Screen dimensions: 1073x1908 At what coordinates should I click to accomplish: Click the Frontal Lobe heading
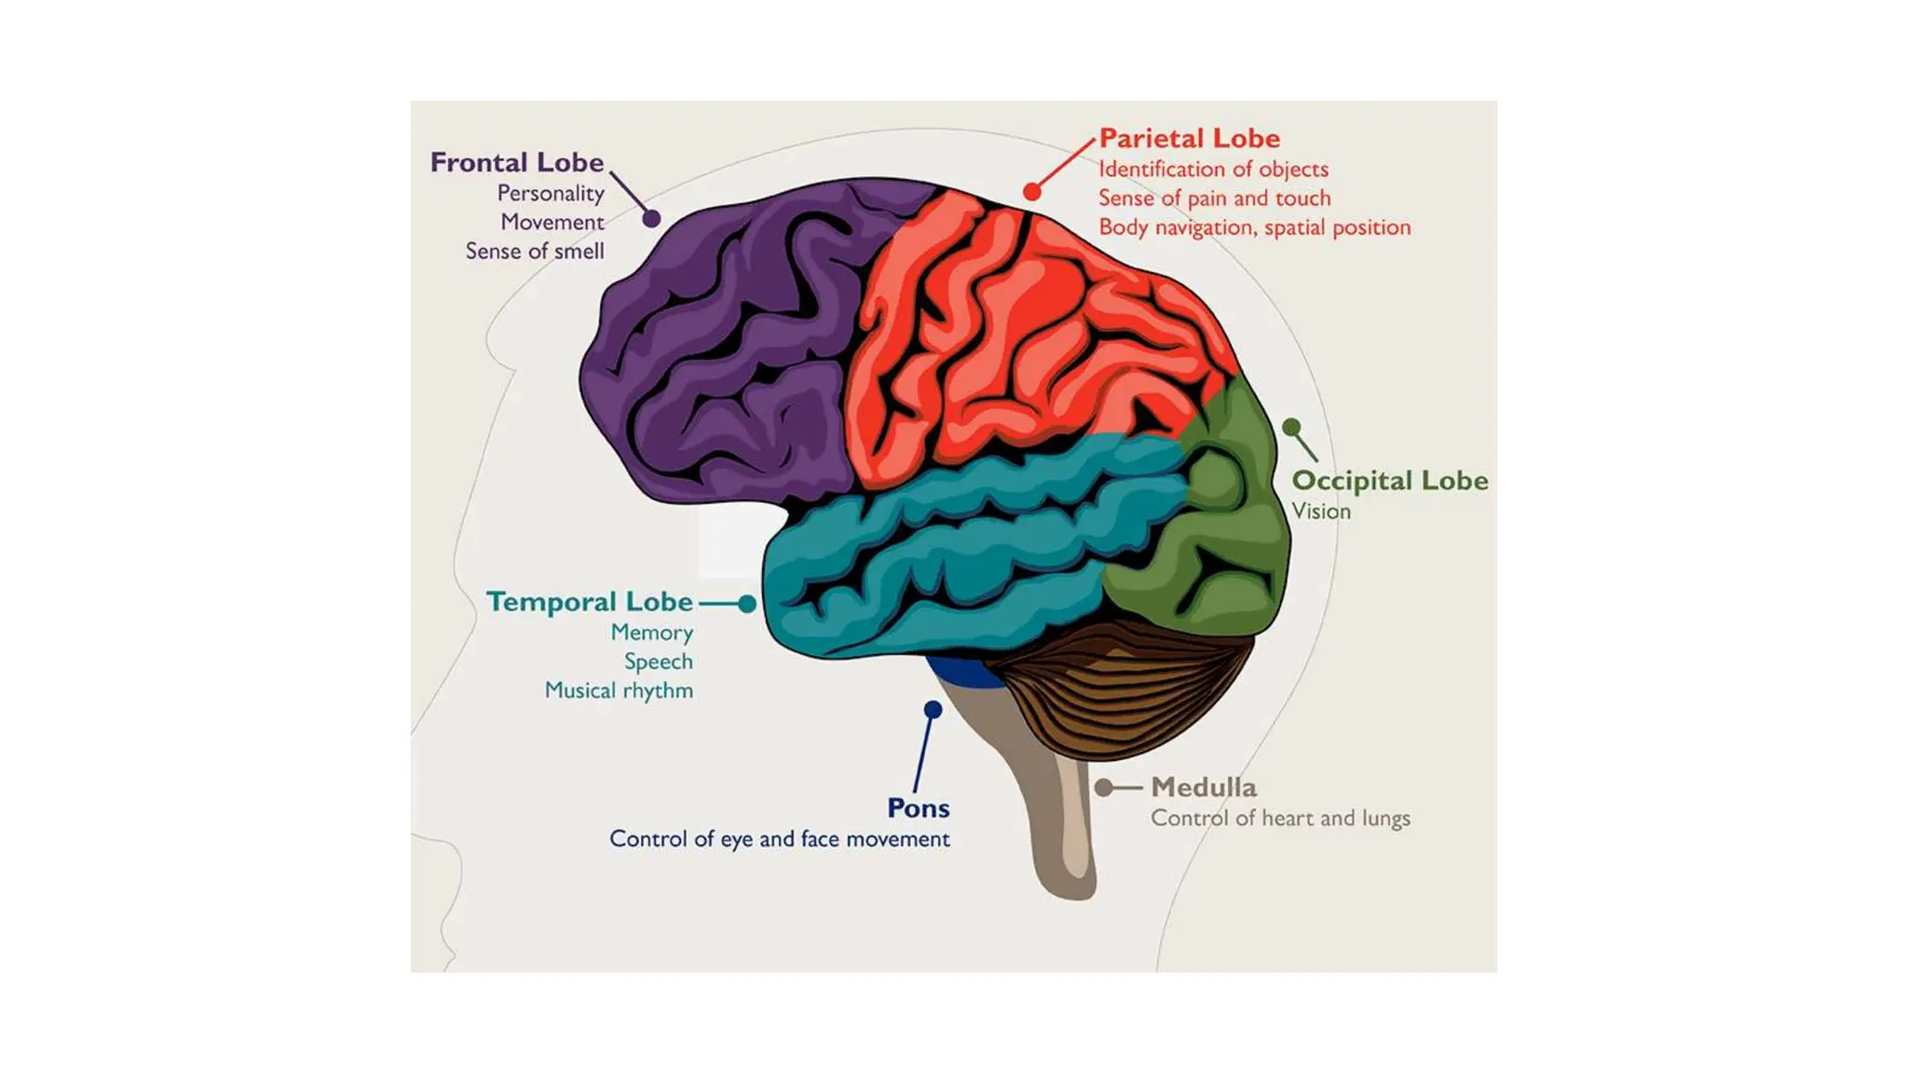tap(517, 163)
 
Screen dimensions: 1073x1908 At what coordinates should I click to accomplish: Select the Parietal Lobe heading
tap(1190, 139)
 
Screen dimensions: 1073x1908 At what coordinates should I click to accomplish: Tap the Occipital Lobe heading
tap(1389, 481)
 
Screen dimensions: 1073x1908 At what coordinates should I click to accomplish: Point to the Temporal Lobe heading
tap(590, 602)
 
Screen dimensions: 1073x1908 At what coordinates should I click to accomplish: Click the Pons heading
tap(919, 808)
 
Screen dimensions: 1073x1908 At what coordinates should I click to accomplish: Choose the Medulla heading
tap(1204, 787)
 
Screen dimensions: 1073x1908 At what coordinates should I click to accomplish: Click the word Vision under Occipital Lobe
tap(1320, 511)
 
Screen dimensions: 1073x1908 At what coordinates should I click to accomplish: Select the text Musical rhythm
tap(619, 690)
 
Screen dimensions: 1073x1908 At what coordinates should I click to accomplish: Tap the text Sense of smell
tap(535, 251)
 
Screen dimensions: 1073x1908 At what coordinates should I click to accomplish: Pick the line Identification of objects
tap(1213, 170)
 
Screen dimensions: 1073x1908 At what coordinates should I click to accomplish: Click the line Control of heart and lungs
tap(1280, 818)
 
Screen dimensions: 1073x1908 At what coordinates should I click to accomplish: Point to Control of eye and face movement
tap(780, 839)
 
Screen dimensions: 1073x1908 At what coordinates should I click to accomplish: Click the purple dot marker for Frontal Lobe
tap(652, 218)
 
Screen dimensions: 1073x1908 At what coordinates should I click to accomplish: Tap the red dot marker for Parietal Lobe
tap(1031, 191)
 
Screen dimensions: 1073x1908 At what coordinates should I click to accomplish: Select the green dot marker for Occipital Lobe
tap(1291, 428)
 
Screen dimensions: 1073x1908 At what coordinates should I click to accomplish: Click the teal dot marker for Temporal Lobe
tap(747, 604)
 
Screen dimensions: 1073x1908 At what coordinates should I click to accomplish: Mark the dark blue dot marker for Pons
tap(933, 710)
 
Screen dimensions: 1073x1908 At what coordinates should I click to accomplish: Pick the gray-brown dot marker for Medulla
tap(1103, 788)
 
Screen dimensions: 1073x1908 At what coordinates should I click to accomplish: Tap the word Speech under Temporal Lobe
tap(658, 661)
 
